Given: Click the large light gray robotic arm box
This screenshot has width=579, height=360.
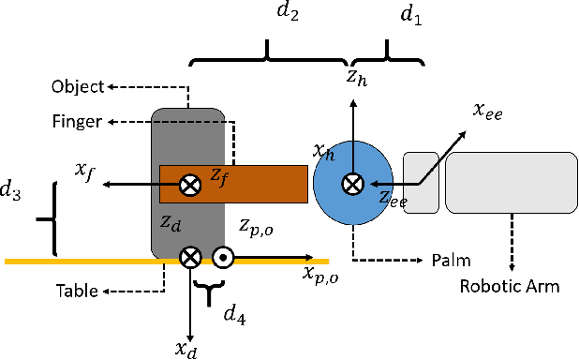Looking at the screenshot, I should (x=510, y=184).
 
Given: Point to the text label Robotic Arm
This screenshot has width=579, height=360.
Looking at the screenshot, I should (x=509, y=286).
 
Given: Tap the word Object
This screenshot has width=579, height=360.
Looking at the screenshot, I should (x=77, y=87).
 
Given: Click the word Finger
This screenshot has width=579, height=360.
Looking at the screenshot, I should (x=77, y=123).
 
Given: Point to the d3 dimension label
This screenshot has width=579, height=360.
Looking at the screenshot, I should (x=12, y=191).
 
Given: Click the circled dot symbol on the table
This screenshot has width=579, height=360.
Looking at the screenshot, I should (x=223, y=257).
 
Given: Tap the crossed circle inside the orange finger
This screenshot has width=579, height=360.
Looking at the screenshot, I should (x=190, y=185).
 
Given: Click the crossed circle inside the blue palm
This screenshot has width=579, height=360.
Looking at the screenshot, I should (x=352, y=185).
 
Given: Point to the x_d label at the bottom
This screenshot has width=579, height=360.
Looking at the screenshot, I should (x=186, y=348).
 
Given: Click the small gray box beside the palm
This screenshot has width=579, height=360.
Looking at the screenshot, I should (x=421, y=182).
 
